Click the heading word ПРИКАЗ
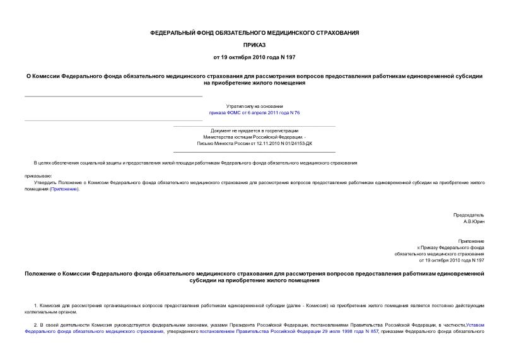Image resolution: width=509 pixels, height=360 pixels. tap(254, 45)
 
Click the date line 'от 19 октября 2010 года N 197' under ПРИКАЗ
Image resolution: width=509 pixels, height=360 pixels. tap(254, 57)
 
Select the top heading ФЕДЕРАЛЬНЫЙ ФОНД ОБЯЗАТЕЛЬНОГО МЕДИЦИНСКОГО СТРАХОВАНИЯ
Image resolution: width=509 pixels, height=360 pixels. tap(254, 32)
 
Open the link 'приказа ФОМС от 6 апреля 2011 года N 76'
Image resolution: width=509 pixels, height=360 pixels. tap(254, 113)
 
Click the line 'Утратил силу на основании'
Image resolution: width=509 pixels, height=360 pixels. tap(254, 107)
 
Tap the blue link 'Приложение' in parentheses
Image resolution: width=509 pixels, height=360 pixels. tap(65, 189)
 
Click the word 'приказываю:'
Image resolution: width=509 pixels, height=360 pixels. tap(38, 176)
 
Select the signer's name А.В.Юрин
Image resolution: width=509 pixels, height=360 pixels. tap(474, 222)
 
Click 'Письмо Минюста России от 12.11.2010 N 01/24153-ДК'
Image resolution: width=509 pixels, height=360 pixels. tap(254, 143)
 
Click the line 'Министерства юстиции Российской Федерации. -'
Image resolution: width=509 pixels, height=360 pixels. tap(254, 137)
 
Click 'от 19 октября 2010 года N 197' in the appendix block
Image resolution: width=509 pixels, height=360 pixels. tap(452, 260)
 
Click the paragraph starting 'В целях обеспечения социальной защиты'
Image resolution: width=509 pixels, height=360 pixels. tap(196, 163)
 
